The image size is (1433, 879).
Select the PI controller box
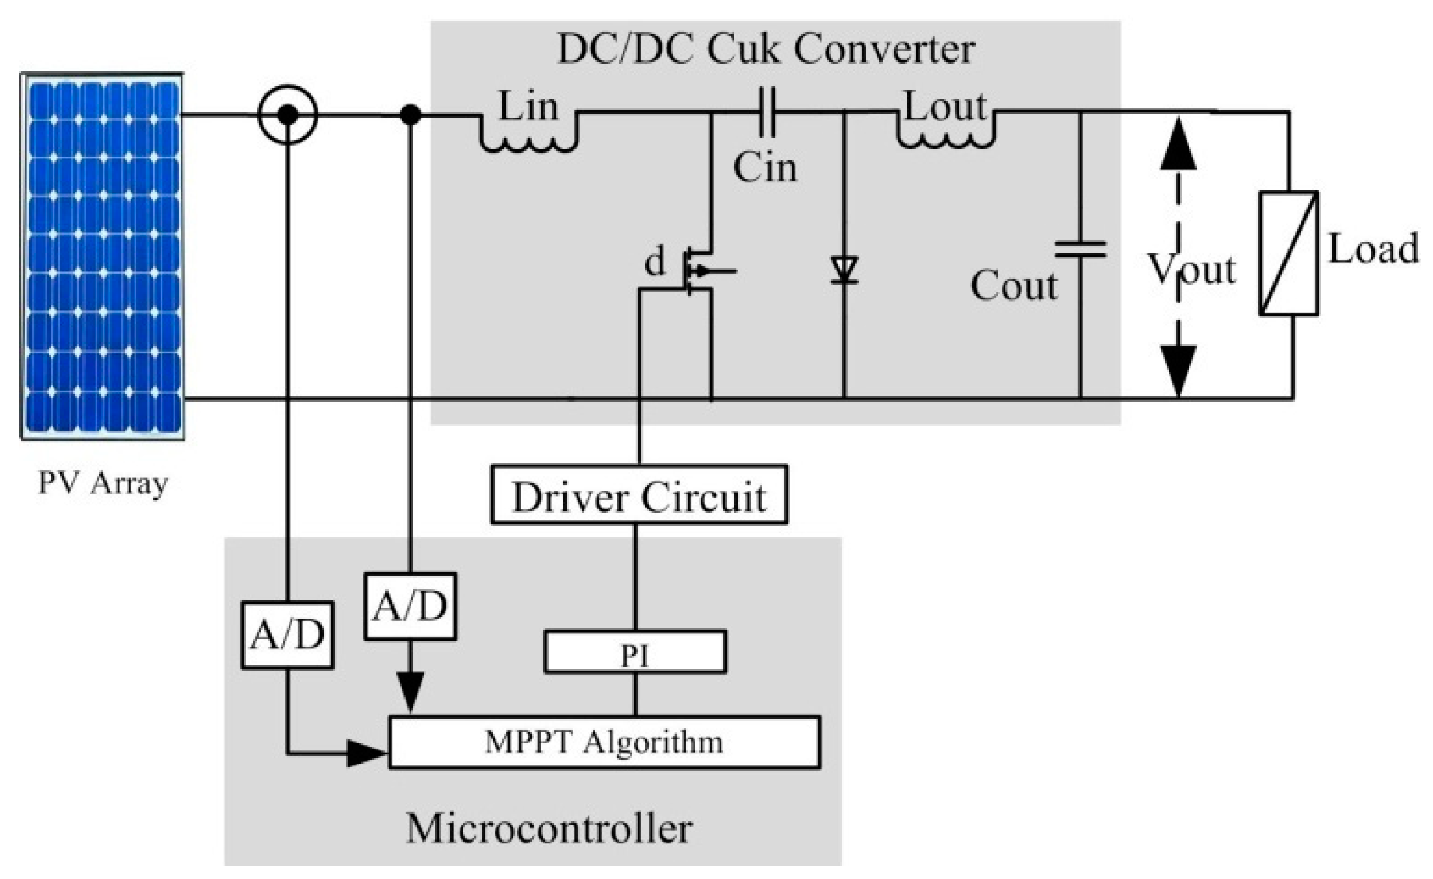pyautogui.click(x=635, y=652)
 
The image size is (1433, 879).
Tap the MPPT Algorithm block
pyautogui.click(x=604, y=742)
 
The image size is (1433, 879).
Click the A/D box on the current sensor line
pyautogui.click(x=287, y=635)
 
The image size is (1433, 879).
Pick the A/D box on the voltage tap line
pyautogui.click(x=410, y=607)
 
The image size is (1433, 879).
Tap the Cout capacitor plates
pyautogui.click(x=1081, y=249)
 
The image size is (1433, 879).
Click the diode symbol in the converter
pyautogui.click(x=844, y=270)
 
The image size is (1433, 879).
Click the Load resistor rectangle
pyautogui.click(x=1289, y=253)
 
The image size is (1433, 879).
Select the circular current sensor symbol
pyautogui.click(x=287, y=114)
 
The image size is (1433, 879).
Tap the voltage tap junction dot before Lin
pyautogui.click(x=411, y=114)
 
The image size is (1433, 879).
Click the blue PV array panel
pyautogui.click(x=102, y=256)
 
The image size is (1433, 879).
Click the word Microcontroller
pyautogui.click(x=549, y=828)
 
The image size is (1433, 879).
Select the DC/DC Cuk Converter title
pyautogui.click(x=766, y=49)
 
